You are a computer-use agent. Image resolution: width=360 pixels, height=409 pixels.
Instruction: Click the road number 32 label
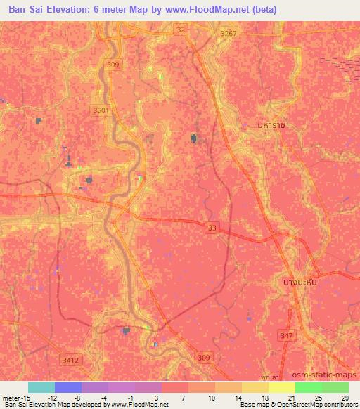181,30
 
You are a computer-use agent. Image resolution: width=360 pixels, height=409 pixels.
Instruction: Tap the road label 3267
229,33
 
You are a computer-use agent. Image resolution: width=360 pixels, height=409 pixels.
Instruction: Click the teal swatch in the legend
41,387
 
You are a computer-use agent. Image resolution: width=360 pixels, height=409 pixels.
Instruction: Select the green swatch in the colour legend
308,387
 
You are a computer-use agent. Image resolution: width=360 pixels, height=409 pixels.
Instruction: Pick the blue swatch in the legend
68,387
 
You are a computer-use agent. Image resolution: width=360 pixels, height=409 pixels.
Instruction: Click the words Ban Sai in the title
29,10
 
